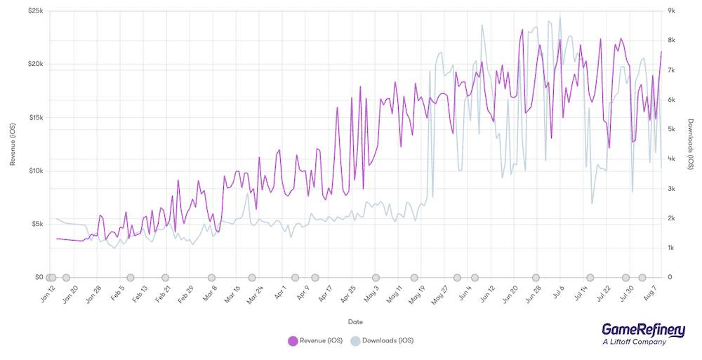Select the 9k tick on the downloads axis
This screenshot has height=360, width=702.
[x=671, y=11]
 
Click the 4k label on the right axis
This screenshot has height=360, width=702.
[x=671, y=159]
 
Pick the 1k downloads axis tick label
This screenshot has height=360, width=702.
[x=671, y=248]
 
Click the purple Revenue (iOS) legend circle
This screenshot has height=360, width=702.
[x=293, y=341]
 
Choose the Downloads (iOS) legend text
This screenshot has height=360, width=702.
[x=388, y=341]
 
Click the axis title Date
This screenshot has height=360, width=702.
[x=355, y=321]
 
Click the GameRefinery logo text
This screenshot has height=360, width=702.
[x=643, y=331]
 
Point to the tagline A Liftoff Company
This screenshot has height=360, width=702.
[x=634, y=342]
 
